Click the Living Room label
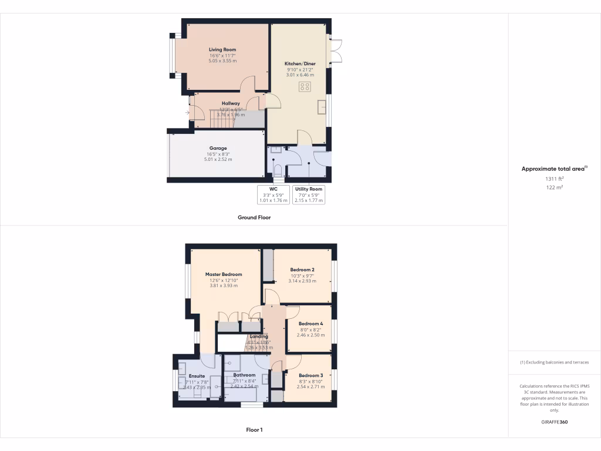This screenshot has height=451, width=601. click(222, 49)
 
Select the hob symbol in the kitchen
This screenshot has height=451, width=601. click(305, 87)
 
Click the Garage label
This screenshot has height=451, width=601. click(218, 148)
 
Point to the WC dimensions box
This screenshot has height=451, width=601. click(273, 194)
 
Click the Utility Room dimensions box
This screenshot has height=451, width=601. click(309, 194)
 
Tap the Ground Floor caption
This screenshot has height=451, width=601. click(254, 217)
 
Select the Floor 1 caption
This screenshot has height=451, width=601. click(254, 430)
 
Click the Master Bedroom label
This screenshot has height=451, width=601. click(223, 274)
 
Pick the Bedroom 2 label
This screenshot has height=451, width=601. click(302, 270)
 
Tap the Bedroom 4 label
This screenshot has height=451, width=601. click(310, 324)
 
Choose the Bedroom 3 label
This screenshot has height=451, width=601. click(310, 375)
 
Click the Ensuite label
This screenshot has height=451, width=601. click(197, 376)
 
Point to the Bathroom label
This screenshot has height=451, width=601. click(244, 375)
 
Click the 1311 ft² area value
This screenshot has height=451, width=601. click(554, 179)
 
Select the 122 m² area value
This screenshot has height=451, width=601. click(554, 187)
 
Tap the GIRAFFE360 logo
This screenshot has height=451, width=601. click(554, 422)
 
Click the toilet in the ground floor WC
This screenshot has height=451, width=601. click(278, 170)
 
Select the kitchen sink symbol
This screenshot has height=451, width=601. click(322, 108)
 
